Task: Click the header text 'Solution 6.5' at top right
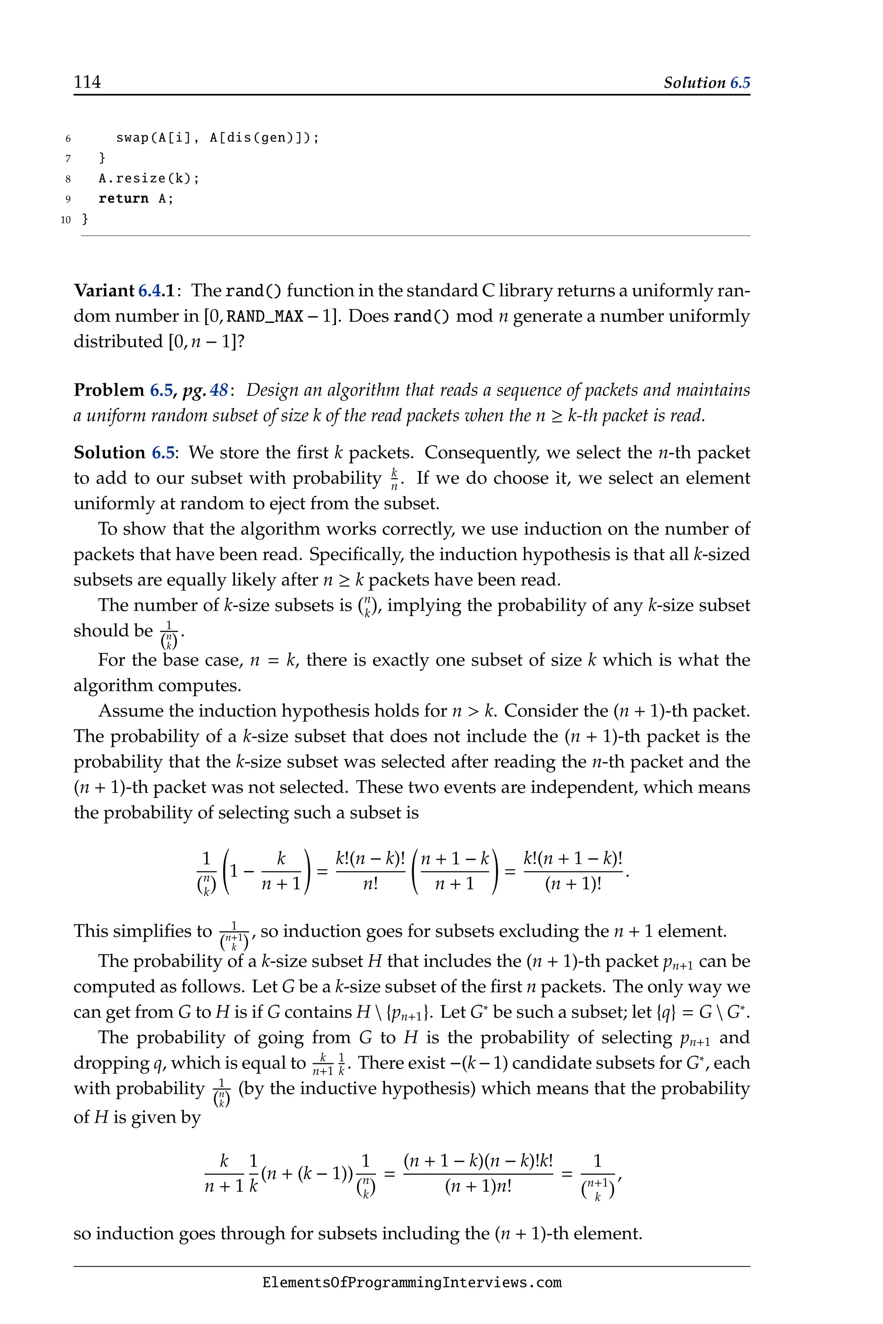[706, 83]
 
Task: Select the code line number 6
[68, 138]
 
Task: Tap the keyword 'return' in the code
[123, 199]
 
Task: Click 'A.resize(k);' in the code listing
[149, 178]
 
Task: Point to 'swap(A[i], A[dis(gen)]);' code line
[217, 138]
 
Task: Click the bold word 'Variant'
[104, 291]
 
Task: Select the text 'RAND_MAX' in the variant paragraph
[265, 316]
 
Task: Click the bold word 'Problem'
[109, 390]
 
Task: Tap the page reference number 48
[219, 390]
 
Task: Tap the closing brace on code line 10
[85, 219]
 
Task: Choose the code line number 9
[68, 199]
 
